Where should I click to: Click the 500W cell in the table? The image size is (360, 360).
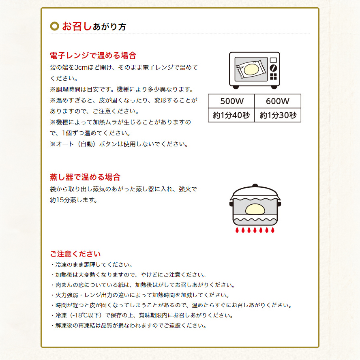[x=231, y=101]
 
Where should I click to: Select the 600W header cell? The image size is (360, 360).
[x=278, y=101]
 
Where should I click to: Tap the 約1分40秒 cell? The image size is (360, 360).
[x=231, y=115]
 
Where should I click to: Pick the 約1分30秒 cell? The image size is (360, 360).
[x=278, y=115]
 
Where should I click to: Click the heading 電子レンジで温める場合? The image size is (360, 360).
[x=93, y=56]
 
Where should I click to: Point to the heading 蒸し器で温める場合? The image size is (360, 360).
[x=85, y=177]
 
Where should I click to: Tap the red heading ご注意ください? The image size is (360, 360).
[x=75, y=254]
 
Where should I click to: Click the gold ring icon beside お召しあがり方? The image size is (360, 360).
[x=54, y=26]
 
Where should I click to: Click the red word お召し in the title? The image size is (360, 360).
[x=77, y=26]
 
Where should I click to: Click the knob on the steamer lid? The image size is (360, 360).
[x=255, y=187]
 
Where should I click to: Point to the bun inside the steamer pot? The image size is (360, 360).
[x=255, y=210]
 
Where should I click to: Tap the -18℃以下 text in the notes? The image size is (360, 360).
[x=87, y=315]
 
